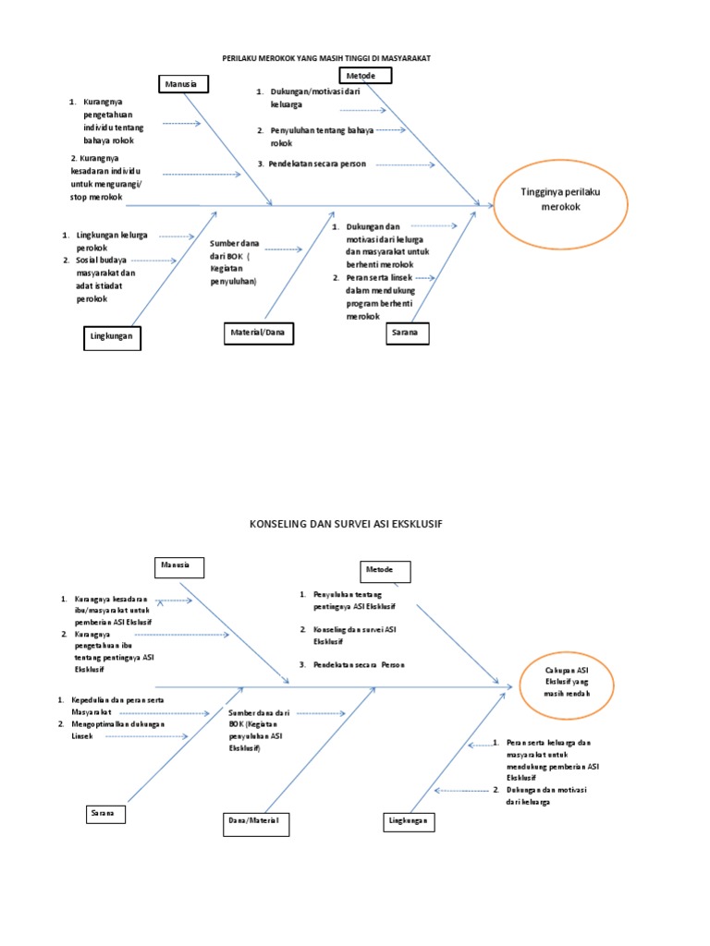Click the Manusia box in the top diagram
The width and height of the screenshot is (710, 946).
[184, 84]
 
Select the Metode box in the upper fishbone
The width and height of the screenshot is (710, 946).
[366, 76]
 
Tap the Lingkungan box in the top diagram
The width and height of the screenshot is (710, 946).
[112, 338]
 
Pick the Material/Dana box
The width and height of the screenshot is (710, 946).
[259, 333]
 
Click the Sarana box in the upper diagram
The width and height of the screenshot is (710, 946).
[408, 333]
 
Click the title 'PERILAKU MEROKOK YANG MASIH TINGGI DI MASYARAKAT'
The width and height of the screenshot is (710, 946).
[326, 58]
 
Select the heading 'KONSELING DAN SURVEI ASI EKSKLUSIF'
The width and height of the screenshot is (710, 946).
[346, 525]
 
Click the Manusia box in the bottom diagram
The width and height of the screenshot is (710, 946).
[179, 567]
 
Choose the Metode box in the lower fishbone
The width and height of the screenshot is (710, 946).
[386, 571]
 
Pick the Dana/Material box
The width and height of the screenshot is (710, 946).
[256, 824]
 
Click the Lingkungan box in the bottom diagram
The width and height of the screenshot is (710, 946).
[409, 821]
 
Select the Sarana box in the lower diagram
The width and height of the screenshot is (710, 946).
[105, 815]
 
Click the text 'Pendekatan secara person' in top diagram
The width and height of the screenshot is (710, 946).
[318, 164]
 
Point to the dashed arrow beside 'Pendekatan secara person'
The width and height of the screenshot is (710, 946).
[405, 164]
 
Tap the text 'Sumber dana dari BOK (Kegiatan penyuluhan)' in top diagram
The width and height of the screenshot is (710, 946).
[234, 262]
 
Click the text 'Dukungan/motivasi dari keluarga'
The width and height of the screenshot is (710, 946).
[314, 98]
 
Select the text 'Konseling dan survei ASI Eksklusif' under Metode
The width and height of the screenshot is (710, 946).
[354, 636]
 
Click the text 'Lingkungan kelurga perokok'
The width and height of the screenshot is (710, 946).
[112, 241]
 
